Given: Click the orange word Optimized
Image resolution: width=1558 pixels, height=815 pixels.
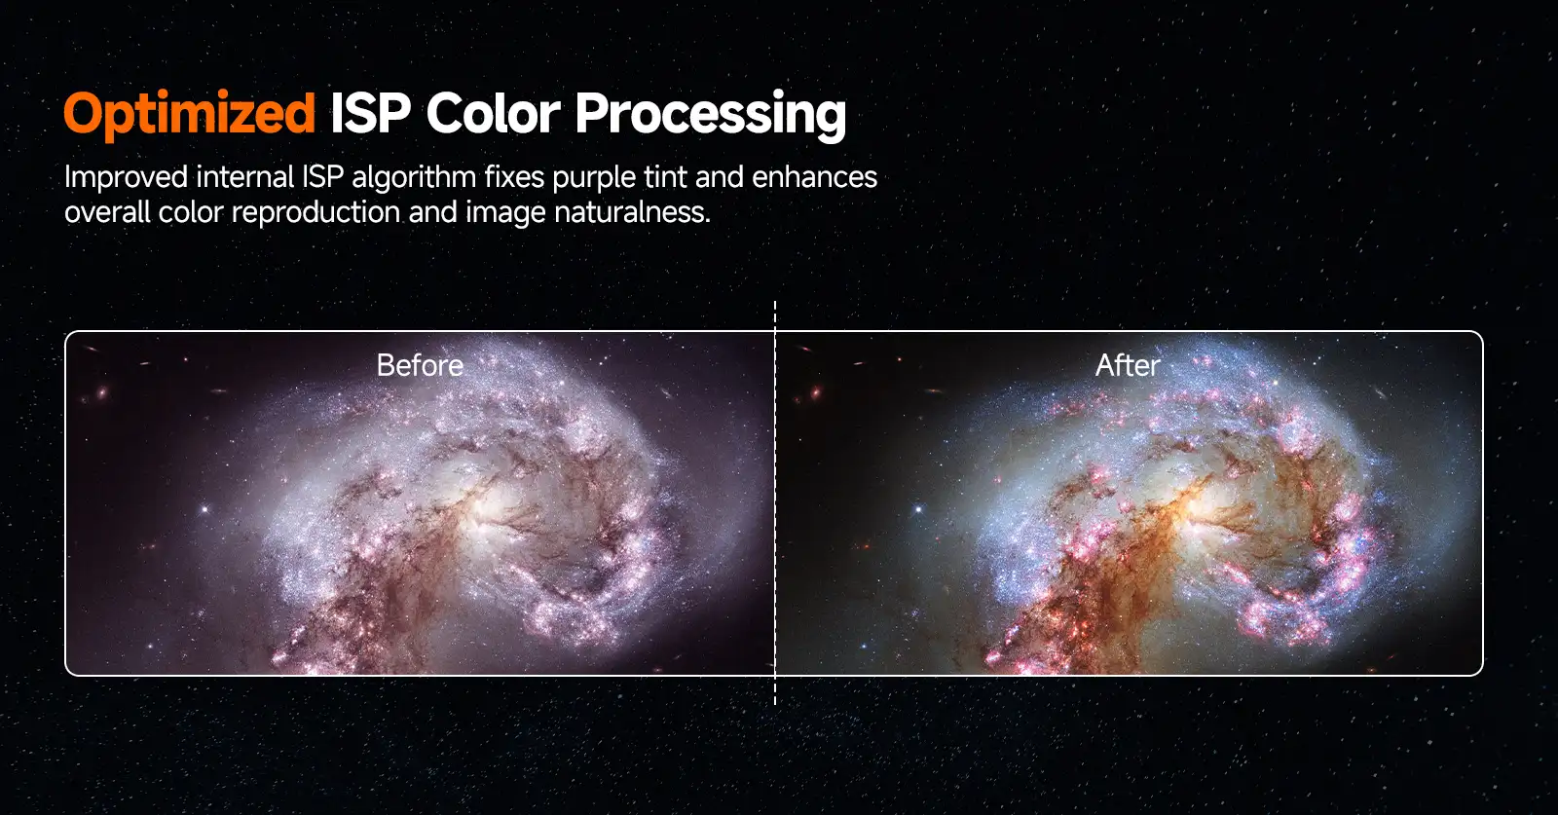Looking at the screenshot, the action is pos(189,114).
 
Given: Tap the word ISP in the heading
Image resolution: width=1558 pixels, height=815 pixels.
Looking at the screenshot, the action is pos(370,113).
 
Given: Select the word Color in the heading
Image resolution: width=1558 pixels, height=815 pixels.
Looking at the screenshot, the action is pos(493,113).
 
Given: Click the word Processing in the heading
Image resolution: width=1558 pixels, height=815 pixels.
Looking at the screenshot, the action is pos(710,116).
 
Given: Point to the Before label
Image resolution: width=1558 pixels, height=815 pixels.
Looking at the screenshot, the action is pos(420,365).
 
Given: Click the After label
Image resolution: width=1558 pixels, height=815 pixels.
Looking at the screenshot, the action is pos(1128,365).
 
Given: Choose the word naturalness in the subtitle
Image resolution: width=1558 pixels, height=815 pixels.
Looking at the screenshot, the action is pos(632,211).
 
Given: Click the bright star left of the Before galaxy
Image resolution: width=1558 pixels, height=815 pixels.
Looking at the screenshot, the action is pos(204,509).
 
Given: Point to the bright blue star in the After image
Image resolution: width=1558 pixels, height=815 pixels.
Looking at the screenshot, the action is pos(918,509).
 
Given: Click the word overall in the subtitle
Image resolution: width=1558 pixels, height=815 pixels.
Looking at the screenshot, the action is pos(107,211).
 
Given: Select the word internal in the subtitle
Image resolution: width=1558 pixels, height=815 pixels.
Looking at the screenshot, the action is pos(244,176).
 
